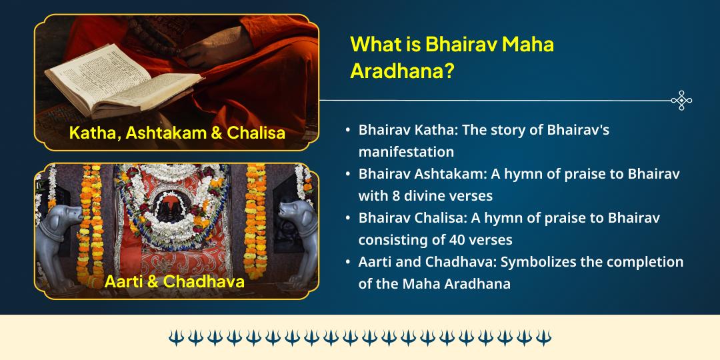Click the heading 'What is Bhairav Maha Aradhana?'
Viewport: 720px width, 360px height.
[x=452, y=58]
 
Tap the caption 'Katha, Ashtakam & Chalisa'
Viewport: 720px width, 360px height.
[x=177, y=133]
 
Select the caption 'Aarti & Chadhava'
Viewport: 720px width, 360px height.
[x=174, y=281]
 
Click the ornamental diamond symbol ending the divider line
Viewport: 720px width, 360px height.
[x=681, y=100]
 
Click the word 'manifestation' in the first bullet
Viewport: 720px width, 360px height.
[x=406, y=151]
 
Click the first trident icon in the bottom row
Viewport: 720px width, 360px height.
[x=176, y=337]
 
